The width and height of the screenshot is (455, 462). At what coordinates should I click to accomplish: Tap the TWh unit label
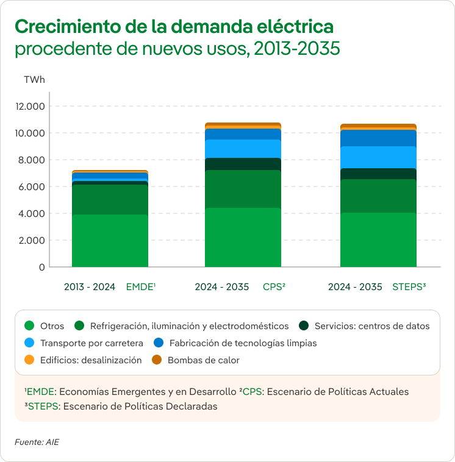34,80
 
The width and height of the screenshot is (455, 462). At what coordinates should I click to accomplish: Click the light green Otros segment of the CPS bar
243,237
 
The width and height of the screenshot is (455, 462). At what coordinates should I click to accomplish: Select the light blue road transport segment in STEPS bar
378,157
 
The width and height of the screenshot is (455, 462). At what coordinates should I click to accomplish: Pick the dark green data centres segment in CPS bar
243,164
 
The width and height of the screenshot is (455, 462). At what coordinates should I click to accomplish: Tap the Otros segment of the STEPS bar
378,240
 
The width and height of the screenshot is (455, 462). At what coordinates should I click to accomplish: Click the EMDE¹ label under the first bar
141,286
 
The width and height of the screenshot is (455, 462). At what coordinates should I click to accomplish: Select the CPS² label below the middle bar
274,286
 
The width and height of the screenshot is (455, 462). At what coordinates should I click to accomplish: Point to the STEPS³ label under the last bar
409,286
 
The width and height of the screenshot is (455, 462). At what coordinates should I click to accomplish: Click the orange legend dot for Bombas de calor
157,360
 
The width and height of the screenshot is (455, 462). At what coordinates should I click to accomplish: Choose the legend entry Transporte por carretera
91,343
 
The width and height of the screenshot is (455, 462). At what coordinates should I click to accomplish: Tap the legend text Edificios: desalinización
91,360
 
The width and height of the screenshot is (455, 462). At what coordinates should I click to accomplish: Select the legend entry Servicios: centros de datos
372,326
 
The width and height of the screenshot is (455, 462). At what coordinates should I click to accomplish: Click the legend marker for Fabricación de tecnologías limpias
159,343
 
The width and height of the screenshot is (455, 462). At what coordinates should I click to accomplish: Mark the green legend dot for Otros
29,326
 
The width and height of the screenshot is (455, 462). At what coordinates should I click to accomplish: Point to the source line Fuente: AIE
37,441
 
